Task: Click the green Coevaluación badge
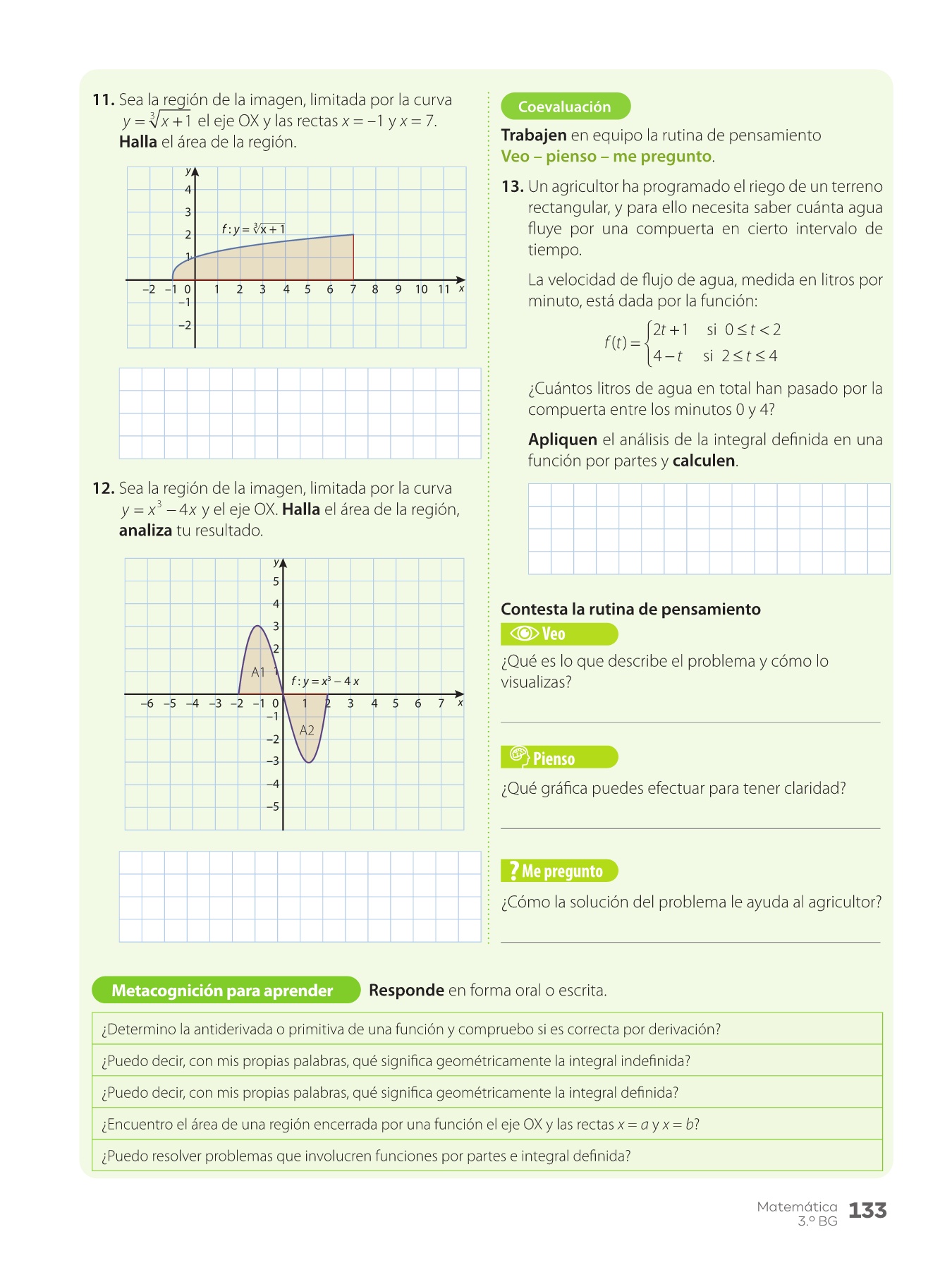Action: [565, 107]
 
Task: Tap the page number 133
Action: [867, 1211]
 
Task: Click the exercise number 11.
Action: [103, 100]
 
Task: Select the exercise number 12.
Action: [103, 488]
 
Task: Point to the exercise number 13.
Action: [512, 187]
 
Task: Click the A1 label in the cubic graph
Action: [258, 672]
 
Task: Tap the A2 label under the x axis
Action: [307, 730]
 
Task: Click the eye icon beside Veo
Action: [524, 634]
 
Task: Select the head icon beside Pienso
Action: [519, 756]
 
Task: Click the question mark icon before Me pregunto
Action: [513, 871]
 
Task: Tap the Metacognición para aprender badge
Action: [222, 991]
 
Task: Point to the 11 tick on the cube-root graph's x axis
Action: [444, 289]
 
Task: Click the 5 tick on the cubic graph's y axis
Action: [276, 581]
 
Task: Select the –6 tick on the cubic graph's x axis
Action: [147, 703]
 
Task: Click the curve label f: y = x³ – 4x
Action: [325, 682]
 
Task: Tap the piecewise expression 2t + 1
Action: [670, 329]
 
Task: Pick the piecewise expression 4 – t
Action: [667, 356]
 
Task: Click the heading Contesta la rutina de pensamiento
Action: [630, 610]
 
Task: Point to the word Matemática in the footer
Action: [797, 1207]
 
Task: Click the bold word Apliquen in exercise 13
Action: [562, 440]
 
